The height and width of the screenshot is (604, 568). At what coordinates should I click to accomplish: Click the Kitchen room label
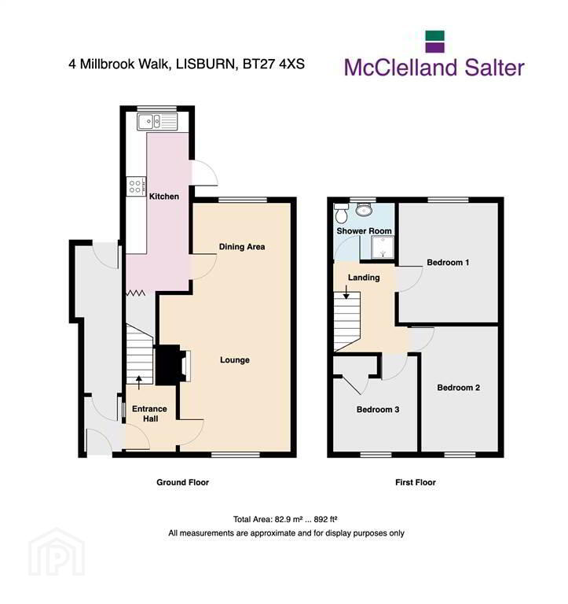coord(164,197)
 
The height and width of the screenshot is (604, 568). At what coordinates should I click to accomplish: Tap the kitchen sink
coord(157,122)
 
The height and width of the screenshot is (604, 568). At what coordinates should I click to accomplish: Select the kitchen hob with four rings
coord(136,186)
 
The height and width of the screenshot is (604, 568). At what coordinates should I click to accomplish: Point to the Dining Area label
coord(242,247)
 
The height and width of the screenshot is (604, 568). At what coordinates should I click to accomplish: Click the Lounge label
coord(235,360)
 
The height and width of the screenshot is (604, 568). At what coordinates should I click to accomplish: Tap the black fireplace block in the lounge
coord(168,365)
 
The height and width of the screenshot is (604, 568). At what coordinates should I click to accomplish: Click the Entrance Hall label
coord(150,414)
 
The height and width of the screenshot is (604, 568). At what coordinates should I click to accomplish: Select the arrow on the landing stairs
coord(346,293)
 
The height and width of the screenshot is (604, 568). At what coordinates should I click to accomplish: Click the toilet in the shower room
coord(341,213)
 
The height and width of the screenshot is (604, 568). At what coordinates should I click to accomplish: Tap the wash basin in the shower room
coord(364,210)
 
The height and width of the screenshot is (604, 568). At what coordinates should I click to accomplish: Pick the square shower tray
coord(383,247)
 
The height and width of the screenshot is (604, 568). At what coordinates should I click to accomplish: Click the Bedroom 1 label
coord(448,263)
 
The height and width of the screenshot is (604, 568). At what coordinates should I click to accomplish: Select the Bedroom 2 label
coord(458,388)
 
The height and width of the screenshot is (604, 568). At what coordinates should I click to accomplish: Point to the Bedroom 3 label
coord(378,410)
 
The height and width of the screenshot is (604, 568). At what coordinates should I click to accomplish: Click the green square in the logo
coord(435,36)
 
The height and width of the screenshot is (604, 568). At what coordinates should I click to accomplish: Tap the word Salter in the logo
coord(494,68)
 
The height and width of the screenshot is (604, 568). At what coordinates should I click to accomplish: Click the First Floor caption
coord(416,482)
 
